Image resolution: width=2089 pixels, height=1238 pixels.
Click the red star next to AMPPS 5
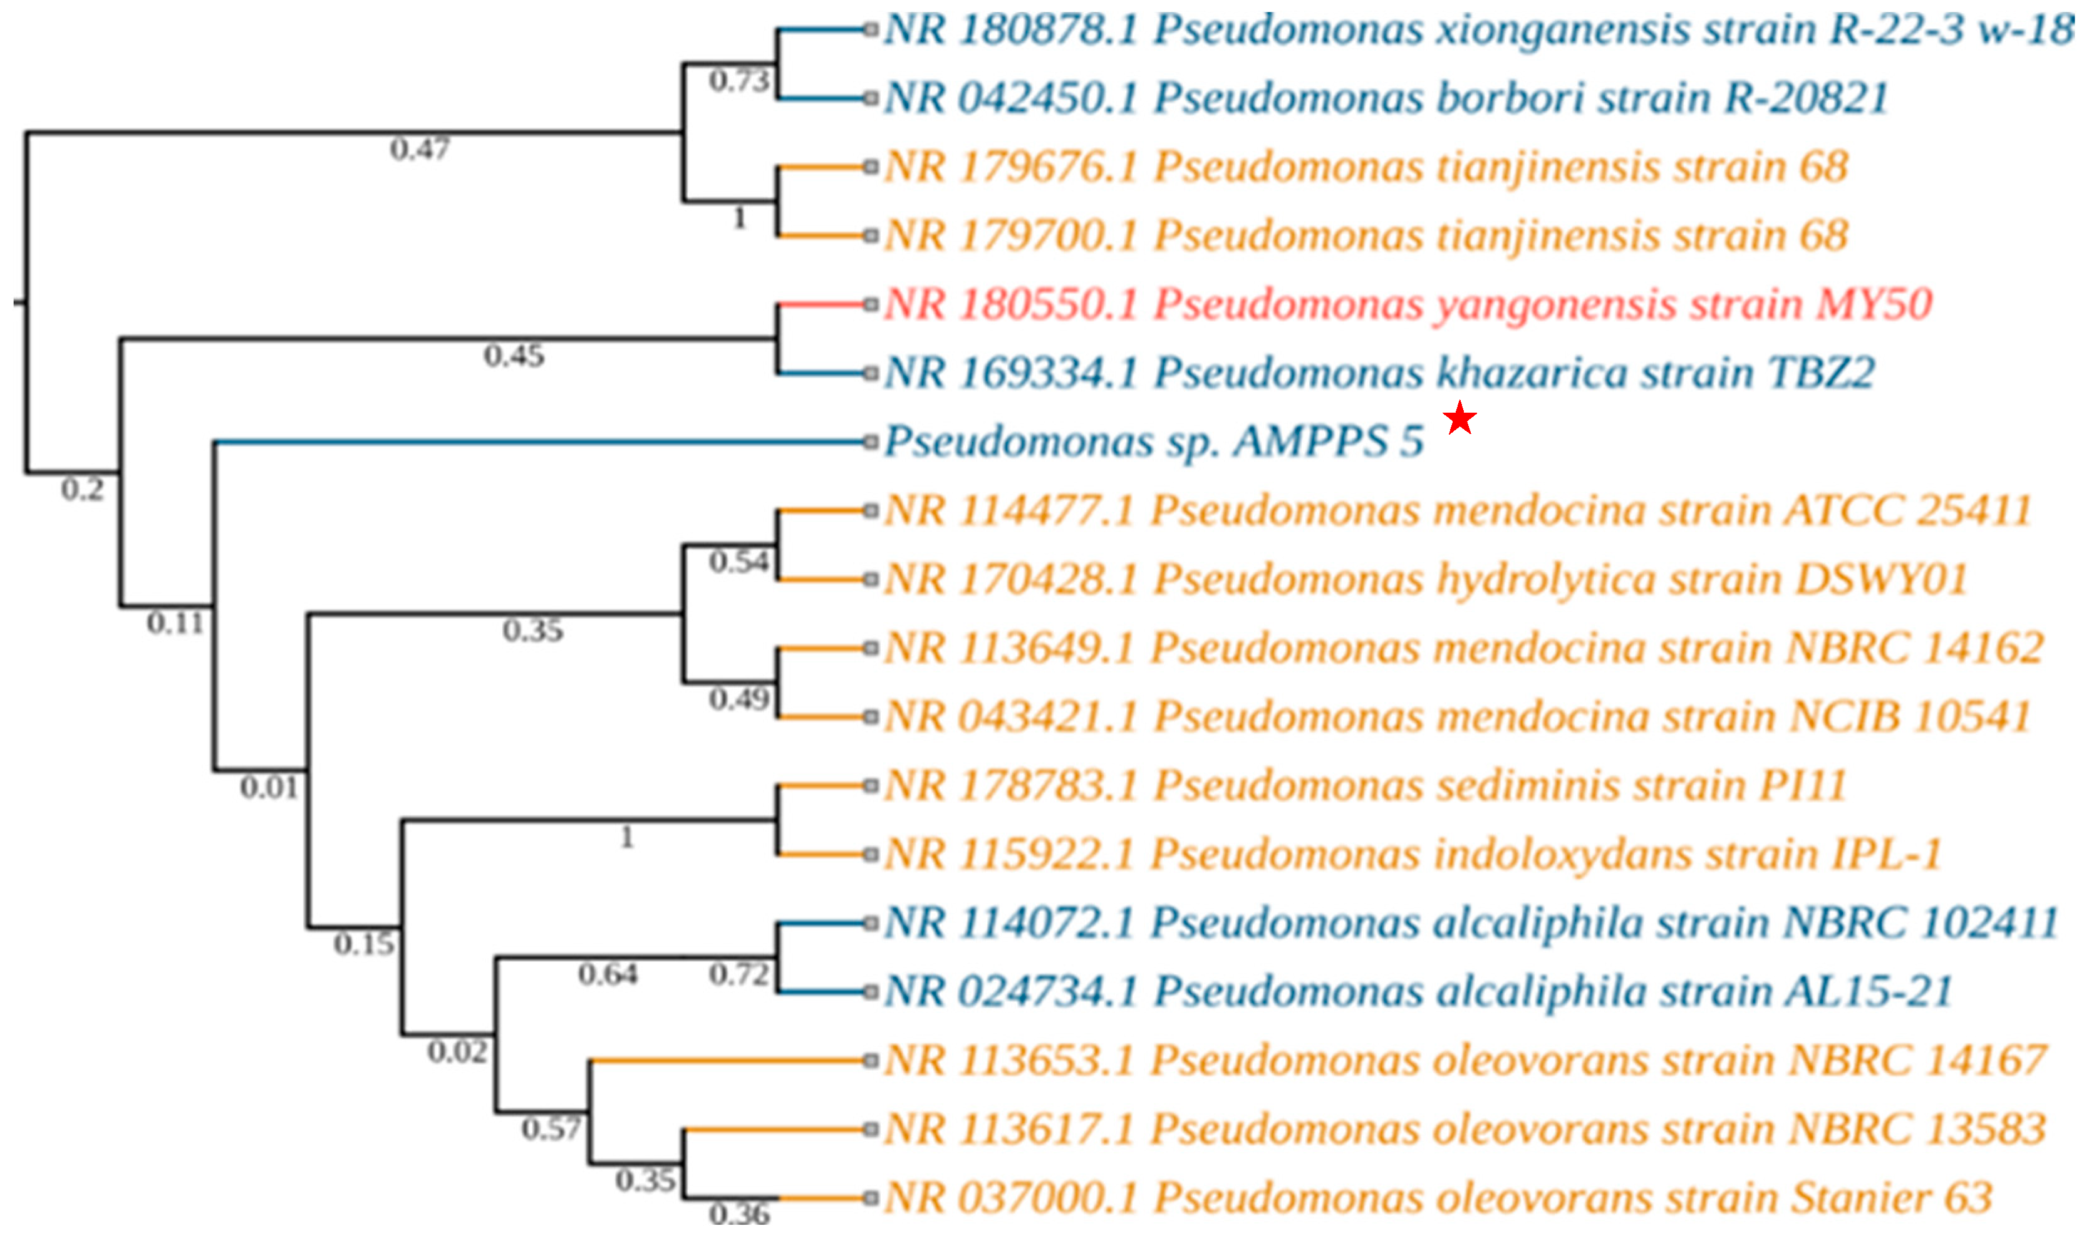[x=1459, y=418]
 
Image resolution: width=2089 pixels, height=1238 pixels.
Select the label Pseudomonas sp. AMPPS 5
[x=1153, y=441]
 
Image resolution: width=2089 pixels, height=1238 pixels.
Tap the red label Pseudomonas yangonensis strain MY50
[x=1408, y=304]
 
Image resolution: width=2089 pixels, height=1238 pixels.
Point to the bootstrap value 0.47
[x=420, y=149]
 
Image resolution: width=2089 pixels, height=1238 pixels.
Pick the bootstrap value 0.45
[x=514, y=356]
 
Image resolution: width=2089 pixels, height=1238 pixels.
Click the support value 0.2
[x=83, y=490]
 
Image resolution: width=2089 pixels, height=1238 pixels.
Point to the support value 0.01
[x=269, y=787]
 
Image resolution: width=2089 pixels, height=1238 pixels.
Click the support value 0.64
[x=608, y=974]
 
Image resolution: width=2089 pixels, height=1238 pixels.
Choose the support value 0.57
[x=551, y=1128]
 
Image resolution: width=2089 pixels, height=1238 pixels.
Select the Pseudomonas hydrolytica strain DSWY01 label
[x=1426, y=579]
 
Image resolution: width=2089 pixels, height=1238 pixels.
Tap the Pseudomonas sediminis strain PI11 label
[x=1365, y=785]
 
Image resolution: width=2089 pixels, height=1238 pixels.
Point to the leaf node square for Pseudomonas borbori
[x=871, y=98]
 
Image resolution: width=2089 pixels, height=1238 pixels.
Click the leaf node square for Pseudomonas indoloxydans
[x=871, y=854]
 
